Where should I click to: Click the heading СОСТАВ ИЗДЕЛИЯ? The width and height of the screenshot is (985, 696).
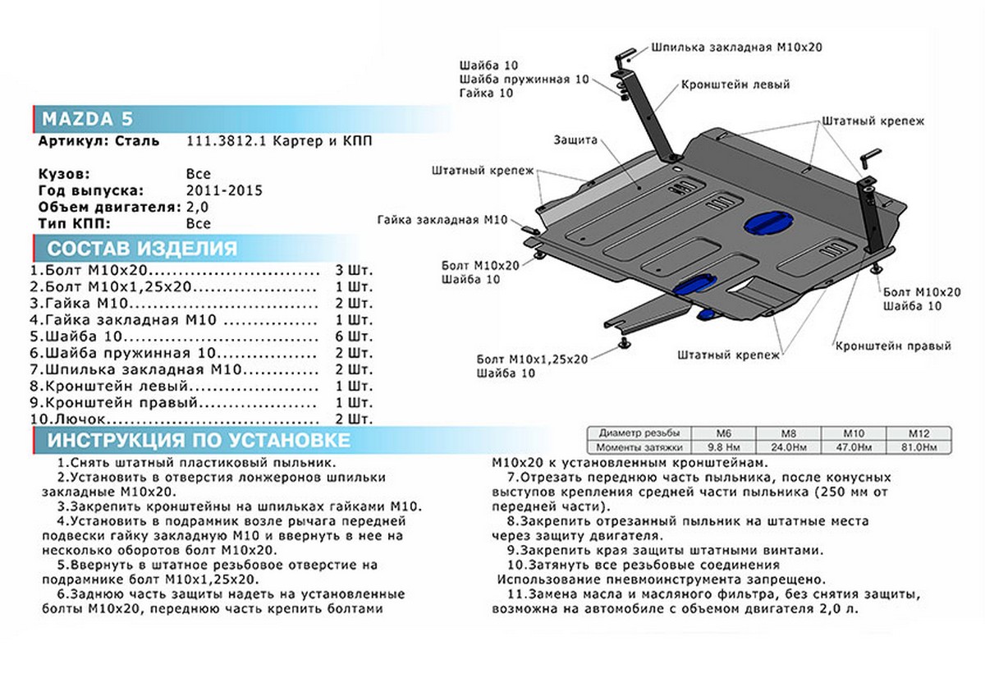click(x=143, y=249)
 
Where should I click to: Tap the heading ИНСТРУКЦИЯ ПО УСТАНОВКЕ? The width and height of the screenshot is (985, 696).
click(x=198, y=440)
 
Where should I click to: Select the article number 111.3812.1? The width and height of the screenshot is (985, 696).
click(x=223, y=141)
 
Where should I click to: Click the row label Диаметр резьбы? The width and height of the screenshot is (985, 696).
click(x=639, y=433)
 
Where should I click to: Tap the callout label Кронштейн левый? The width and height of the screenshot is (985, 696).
click(x=735, y=85)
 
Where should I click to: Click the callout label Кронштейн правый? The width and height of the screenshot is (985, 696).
click(x=893, y=346)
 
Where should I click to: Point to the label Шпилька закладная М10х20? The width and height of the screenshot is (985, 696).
click(x=736, y=48)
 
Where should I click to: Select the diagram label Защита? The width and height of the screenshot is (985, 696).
click(x=575, y=140)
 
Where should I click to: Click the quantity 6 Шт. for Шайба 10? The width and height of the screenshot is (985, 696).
click(x=354, y=337)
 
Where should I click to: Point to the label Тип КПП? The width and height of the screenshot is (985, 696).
click(x=73, y=223)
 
